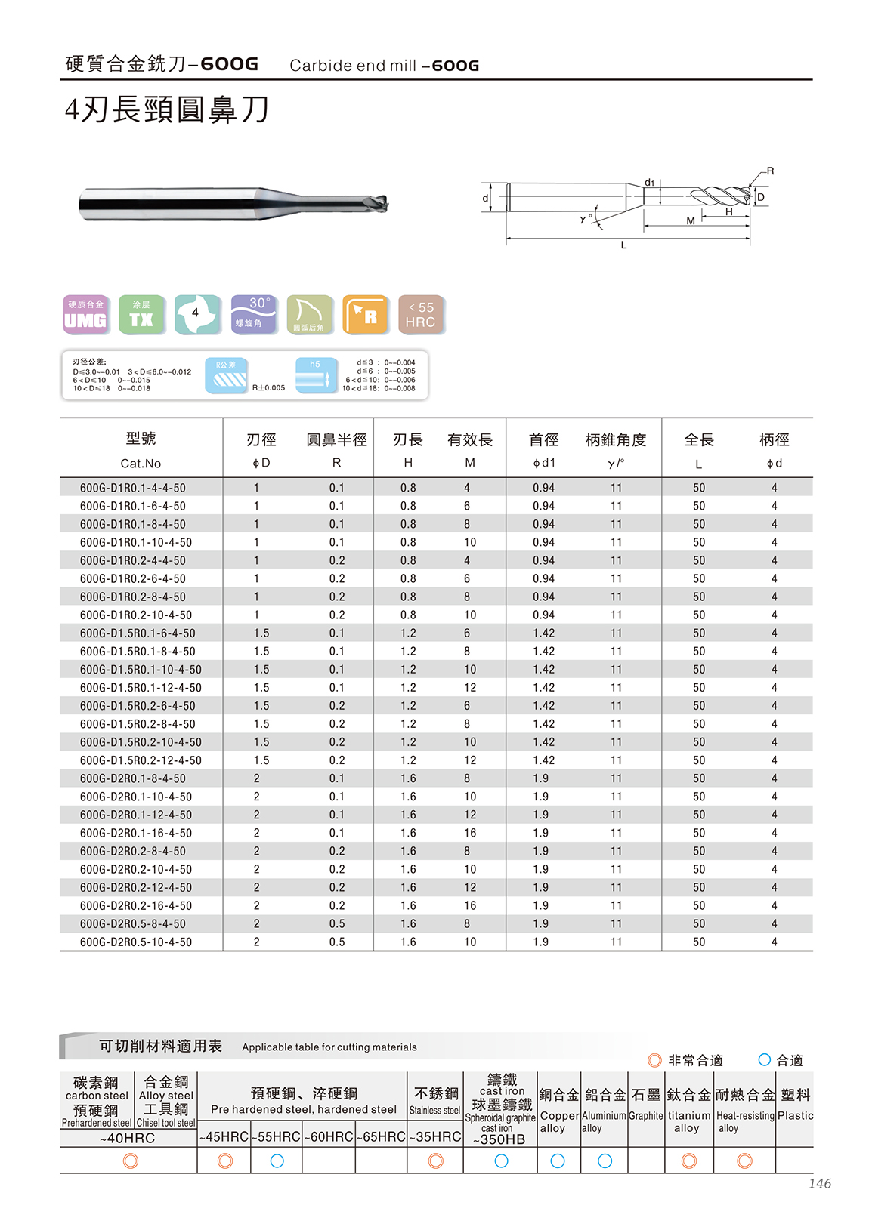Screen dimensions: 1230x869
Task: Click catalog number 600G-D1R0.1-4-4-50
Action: (x=132, y=488)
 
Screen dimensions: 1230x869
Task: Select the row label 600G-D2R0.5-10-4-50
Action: (x=135, y=942)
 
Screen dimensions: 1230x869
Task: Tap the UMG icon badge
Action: (x=85, y=315)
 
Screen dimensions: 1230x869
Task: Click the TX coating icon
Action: (x=141, y=315)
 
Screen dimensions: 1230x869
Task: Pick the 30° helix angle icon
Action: (x=254, y=315)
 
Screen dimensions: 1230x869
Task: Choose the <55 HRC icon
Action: (x=421, y=315)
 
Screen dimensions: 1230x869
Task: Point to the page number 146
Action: (x=819, y=1183)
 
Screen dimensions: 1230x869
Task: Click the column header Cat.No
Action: (x=141, y=463)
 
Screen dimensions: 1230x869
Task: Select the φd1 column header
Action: (x=543, y=463)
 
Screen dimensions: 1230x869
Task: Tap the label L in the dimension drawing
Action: (x=623, y=245)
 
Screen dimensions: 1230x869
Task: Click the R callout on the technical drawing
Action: (x=770, y=171)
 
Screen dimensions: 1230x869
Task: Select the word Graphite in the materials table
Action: (x=646, y=1115)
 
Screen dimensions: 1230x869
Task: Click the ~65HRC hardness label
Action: (x=381, y=1136)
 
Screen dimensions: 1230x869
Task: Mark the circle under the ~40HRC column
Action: (x=130, y=1161)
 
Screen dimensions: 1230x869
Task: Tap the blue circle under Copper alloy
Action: (x=558, y=1161)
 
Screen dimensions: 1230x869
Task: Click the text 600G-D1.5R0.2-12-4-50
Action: (x=141, y=760)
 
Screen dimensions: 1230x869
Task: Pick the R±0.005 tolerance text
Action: (x=268, y=387)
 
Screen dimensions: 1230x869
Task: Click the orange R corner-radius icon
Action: (x=365, y=315)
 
